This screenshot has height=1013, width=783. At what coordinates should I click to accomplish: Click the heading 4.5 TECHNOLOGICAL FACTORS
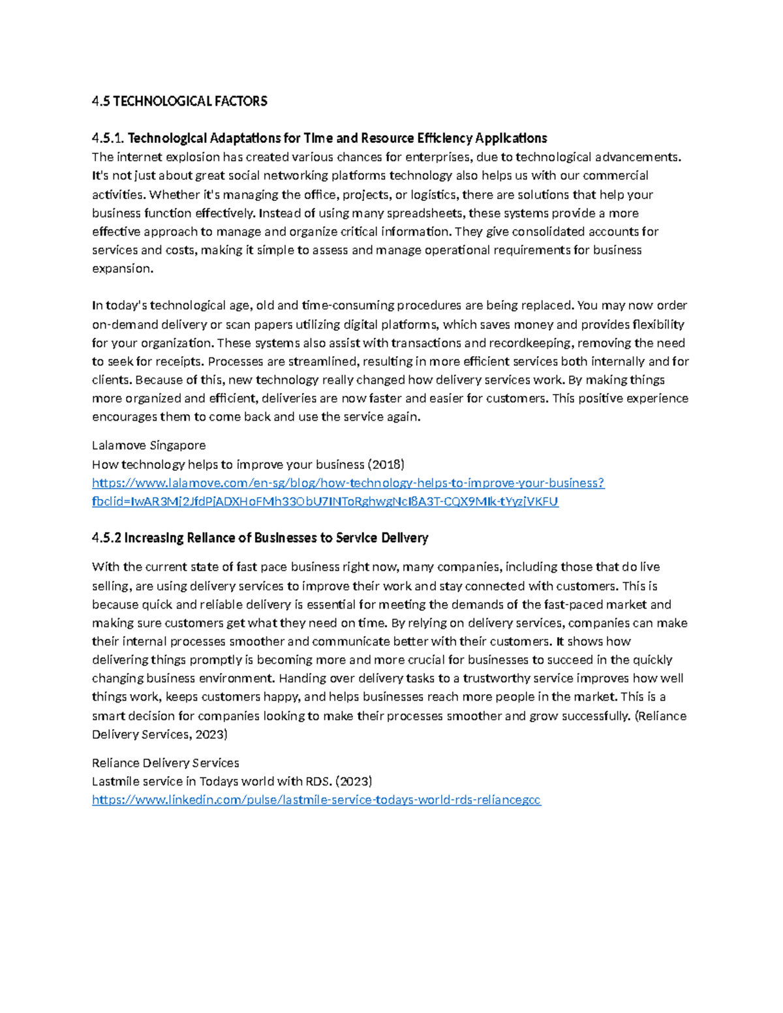[179, 101]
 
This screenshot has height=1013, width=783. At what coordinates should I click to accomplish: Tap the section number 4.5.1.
[108, 138]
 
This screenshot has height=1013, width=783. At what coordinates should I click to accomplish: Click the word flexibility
[653, 325]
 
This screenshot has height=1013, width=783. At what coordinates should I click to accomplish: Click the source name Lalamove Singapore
[149, 446]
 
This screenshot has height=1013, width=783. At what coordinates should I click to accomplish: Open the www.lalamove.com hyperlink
[348, 483]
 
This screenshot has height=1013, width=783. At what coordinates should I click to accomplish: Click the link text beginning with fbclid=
[325, 502]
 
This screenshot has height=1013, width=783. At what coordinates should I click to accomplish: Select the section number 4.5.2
[107, 538]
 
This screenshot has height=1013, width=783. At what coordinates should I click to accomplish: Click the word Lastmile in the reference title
[115, 781]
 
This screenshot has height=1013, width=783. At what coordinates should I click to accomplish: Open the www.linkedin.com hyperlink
[316, 800]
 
